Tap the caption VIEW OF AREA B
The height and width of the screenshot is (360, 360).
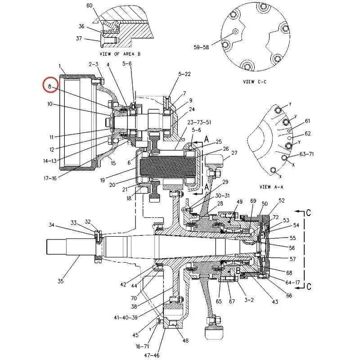[x=120, y=54]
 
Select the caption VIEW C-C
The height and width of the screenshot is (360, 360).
[x=255, y=82]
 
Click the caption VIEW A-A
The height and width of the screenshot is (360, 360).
[x=271, y=187]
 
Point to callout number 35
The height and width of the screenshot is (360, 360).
[x=60, y=281]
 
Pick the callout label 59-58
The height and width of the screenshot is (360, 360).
[x=201, y=47]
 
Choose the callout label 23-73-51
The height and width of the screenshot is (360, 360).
[x=199, y=122]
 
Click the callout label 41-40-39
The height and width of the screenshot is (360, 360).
[x=126, y=318]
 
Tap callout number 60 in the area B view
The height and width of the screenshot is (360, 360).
[x=89, y=5]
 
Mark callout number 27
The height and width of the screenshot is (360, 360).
[x=234, y=153]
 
